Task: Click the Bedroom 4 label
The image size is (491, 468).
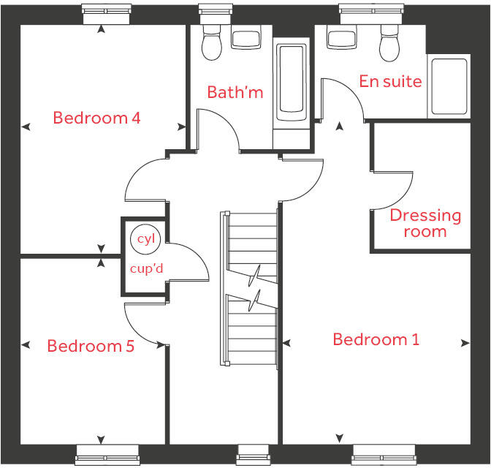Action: pyautogui.click(x=96, y=118)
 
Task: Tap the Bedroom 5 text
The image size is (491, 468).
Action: pyautogui.click(x=91, y=346)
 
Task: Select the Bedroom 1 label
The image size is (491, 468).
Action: pyautogui.click(x=376, y=339)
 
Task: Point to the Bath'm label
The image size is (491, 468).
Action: pyautogui.click(x=235, y=92)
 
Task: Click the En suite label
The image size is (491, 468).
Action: pyautogui.click(x=390, y=81)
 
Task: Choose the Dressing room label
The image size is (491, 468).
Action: pyautogui.click(x=425, y=223)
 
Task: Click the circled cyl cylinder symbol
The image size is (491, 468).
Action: pyautogui.click(x=142, y=238)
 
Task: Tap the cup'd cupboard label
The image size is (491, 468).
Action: pyautogui.click(x=146, y=268)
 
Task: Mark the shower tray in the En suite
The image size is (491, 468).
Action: pyautogui.click(x=449, y=86)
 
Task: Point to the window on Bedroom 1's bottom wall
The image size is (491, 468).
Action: pyautogui.click(x=378, y=455)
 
